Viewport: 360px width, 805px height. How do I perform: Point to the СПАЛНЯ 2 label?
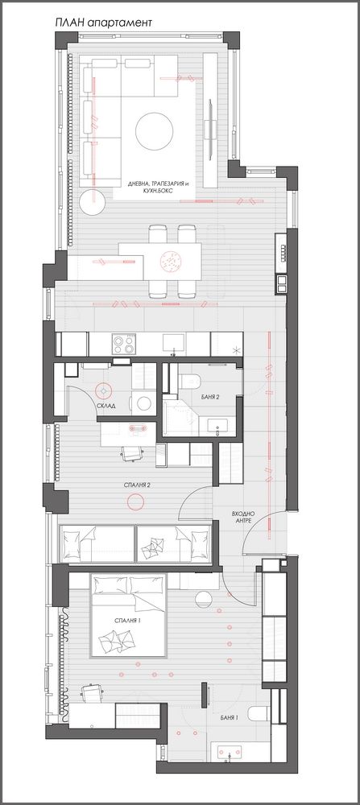(137, 484)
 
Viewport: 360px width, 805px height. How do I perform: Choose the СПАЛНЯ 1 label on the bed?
(128, 621)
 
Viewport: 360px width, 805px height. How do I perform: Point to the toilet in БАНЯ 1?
(259, 713)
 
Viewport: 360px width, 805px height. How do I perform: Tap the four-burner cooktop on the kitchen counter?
(124, 344)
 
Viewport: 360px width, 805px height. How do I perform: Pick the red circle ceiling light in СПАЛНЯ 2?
(135, 501)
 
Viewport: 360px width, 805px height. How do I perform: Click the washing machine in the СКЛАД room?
(143, 402)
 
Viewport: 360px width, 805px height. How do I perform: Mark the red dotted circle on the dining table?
(171, 261)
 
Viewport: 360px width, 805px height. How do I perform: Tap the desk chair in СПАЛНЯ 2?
(131, 452)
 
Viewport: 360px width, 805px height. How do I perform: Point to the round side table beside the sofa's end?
(93, 202)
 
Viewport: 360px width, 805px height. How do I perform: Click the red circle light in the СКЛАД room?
(104, 391)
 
